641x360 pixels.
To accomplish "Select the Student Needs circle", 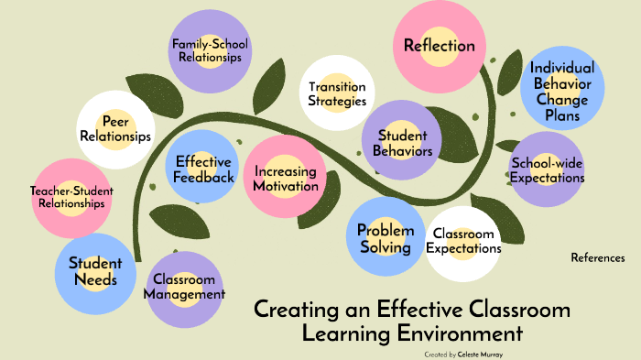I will (93, 271).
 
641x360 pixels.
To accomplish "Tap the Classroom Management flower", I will (184, 288).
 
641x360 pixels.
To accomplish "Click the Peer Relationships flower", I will (114, 129).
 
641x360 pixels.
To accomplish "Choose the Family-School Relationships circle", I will (211, 49).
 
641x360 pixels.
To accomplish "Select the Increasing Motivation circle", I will (286, 178).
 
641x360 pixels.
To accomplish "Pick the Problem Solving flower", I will (386, 237).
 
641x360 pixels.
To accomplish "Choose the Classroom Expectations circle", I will (463, 242).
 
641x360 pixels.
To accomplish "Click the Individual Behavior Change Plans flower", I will (562, 89).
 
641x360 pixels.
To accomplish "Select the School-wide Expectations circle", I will (547, 170).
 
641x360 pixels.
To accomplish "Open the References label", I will (597, 257).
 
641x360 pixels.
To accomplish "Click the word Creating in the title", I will (290, 309).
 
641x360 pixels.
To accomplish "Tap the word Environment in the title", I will (460, 333).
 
